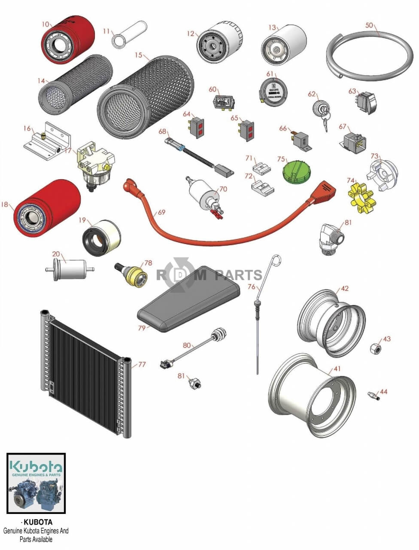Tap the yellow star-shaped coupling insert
click(x=359, y=197)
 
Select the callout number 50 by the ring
click(x=369, y=25)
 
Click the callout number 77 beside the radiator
click(x=142, y=365)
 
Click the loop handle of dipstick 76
click(x=277, y=260)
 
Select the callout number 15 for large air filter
click(x=138, y=55)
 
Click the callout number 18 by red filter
click(x=5, y=205)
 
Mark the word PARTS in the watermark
click(x=238, y=275)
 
